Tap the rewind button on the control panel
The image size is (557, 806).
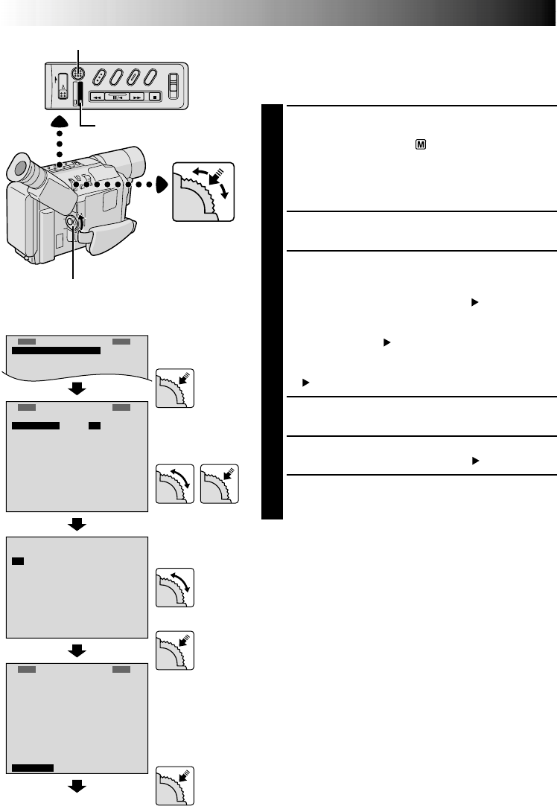97,97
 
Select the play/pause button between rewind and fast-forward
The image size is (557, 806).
117,97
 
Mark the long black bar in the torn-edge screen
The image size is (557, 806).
56,351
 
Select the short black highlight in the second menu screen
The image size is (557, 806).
94,426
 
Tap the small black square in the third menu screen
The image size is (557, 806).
18,560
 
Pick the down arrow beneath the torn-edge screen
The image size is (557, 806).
77,389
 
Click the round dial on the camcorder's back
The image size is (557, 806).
72,223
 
